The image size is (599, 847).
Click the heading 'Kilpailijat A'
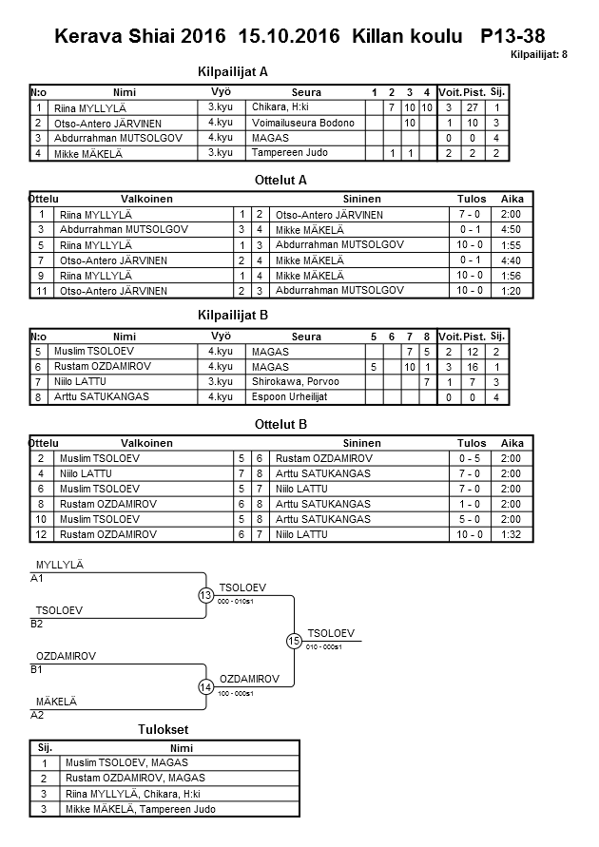233,71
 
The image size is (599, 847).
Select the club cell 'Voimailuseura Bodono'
303,124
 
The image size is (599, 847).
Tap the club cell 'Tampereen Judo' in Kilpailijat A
289,153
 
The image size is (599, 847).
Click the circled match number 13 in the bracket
205,595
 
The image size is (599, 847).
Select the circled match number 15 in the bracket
294,642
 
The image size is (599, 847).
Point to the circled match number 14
205,687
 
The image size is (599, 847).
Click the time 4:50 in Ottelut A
512,230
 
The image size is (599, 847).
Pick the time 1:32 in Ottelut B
512,534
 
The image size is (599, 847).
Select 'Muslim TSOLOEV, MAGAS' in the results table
126,762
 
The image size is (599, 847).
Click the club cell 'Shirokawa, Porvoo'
295,382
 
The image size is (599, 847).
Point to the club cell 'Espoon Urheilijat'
291,397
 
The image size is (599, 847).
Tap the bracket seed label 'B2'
37,624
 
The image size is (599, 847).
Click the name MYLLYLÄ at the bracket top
60,565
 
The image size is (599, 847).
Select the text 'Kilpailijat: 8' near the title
538,55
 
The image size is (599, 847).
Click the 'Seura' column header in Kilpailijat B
306,337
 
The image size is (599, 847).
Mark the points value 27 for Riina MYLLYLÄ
469,107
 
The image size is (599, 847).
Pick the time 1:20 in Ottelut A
512,291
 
